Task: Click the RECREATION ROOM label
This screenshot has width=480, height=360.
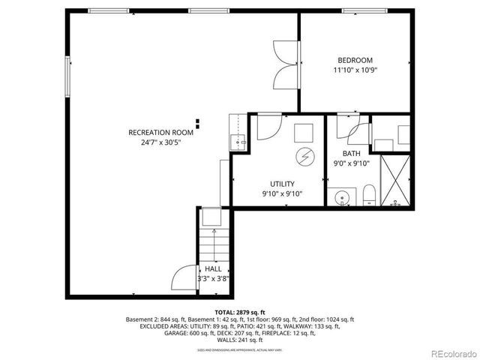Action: click(160, 132)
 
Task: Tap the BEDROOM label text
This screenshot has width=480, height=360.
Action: click(355, 60)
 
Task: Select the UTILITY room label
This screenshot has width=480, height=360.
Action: click(282, 184)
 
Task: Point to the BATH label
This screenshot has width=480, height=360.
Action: click(351, 153)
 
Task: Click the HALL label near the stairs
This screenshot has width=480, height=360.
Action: click(212, 268)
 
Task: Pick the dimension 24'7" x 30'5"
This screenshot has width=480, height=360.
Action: click(160, 142)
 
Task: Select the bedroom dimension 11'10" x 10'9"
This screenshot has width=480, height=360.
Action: click(355, 70)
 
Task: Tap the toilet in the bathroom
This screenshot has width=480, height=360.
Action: click(368, 198)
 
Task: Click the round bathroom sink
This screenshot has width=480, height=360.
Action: click(342, 199)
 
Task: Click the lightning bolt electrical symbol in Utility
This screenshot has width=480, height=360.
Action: click(304, 157)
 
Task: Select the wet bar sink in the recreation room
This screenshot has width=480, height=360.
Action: click(239, 140)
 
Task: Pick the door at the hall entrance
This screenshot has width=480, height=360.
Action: click(184, 279)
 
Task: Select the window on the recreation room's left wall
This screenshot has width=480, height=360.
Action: click(68, 76)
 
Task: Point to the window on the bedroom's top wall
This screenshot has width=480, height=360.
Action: click(364, 10)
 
